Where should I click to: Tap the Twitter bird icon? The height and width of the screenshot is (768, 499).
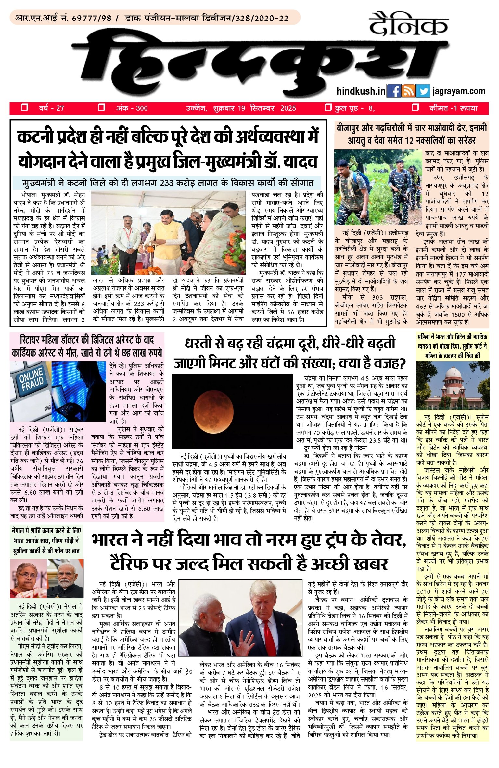(x=423, y=91)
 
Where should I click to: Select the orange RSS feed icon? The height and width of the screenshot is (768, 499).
(x=408, y=91)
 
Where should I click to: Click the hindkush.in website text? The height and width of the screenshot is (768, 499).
(x=361, y=91)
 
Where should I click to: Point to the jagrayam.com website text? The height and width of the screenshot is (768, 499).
(x=459, y=91)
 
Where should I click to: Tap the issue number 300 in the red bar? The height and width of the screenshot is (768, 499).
(x=142, y=108)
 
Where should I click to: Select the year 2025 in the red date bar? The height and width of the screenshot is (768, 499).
(x=288, y=108)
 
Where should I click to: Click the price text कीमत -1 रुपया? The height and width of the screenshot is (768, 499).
(x=453, y=108)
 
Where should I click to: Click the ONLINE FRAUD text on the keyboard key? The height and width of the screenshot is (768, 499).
(x=32, y=380)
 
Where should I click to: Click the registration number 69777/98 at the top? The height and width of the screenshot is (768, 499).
(x=92, y=18)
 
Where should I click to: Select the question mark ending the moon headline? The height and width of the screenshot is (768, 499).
(x=401, y=364)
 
